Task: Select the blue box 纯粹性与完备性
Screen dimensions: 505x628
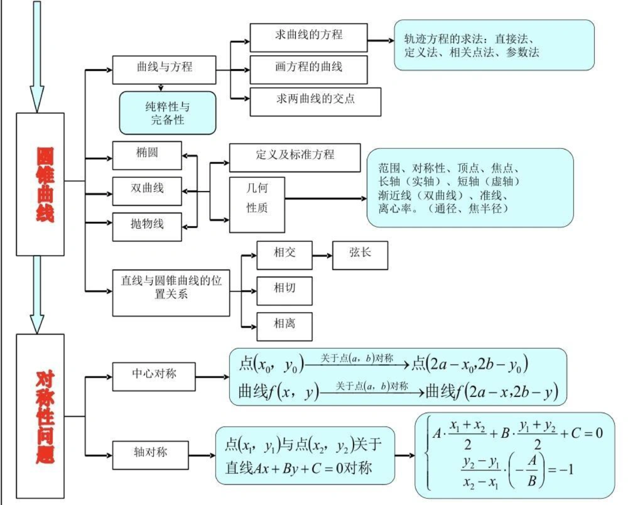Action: click(167, 113)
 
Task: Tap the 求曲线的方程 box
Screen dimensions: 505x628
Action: click(308, 37)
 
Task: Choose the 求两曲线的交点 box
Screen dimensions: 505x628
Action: click(315, 101)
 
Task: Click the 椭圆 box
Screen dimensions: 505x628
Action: click(147, 155)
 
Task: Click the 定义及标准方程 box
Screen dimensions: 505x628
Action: click(295, 157)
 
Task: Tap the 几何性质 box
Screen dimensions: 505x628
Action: click(257, 205)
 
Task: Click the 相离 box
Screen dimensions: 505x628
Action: click(284, 325)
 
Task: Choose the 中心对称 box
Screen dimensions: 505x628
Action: click(154, 377)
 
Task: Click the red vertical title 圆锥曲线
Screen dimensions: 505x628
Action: click(40, 185)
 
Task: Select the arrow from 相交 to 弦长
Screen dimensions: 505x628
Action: click(322, 256)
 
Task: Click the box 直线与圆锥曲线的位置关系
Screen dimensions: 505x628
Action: click(171, 292)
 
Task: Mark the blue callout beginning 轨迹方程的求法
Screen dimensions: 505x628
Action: click(494, 45)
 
